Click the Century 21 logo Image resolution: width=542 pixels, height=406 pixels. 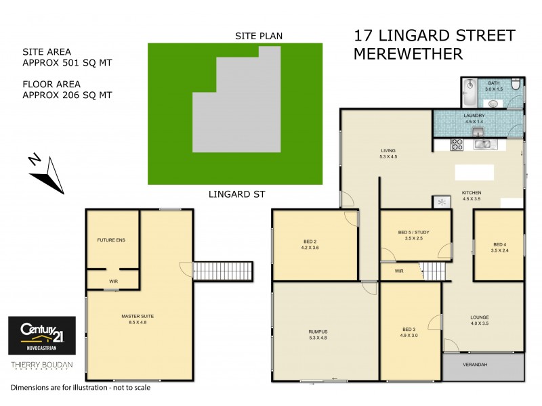pyautogui.click(x=41, y=336)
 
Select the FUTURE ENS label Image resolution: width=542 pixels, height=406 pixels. pyautogui.click(x=111, y=240)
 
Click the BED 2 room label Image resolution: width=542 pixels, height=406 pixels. pyautogui.click(x=311, y=244)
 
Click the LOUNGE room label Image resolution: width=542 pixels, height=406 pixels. pyautogui.click(x=480, y=320)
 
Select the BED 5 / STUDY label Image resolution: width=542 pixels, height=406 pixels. pyautogui.click(x=413, y=235)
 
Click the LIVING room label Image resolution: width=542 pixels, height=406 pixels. pyautogui.click(x=388, y=153)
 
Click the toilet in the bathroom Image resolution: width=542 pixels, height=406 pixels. pyautogui.click(x=516, y=86)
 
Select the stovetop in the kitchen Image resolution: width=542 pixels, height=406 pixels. pyautogui.click(x=457, y=143)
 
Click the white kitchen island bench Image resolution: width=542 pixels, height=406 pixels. pyautogui.click(x=474, y=172)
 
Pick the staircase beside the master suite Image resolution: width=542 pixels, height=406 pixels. pyautogui.click(x=223, y=271)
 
